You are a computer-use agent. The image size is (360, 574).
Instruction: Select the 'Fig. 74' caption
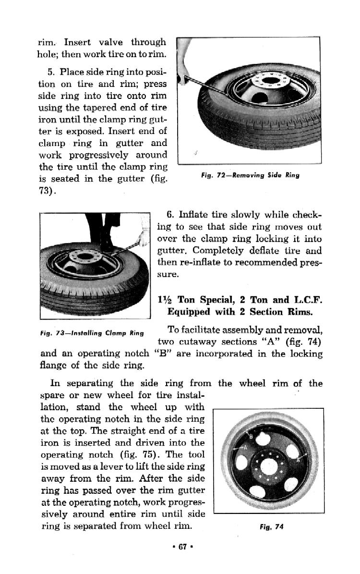tap(272, 526)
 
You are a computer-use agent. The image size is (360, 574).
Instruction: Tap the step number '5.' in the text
tap(52, 72)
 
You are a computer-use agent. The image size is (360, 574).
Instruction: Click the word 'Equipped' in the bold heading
tap(189, 312)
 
